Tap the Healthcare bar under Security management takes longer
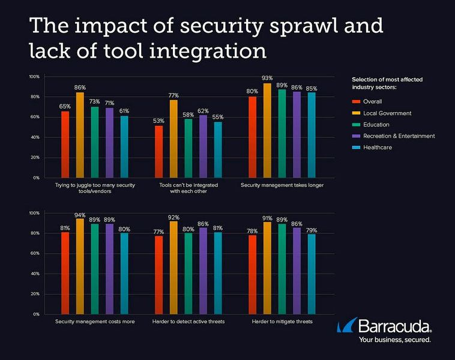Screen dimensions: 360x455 pos(311,135)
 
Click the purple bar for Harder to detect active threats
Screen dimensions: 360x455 pos(203,271)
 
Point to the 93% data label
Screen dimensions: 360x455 pos(267,77)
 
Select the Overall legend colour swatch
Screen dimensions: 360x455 pos(354,101)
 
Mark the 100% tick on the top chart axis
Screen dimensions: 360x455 pos(34,77)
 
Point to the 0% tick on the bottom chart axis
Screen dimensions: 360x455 pos(36,314)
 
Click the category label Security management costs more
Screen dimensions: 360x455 pos(95,322)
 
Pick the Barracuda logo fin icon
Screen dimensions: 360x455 pos(346,327)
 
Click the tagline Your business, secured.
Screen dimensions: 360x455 pos(394,340)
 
